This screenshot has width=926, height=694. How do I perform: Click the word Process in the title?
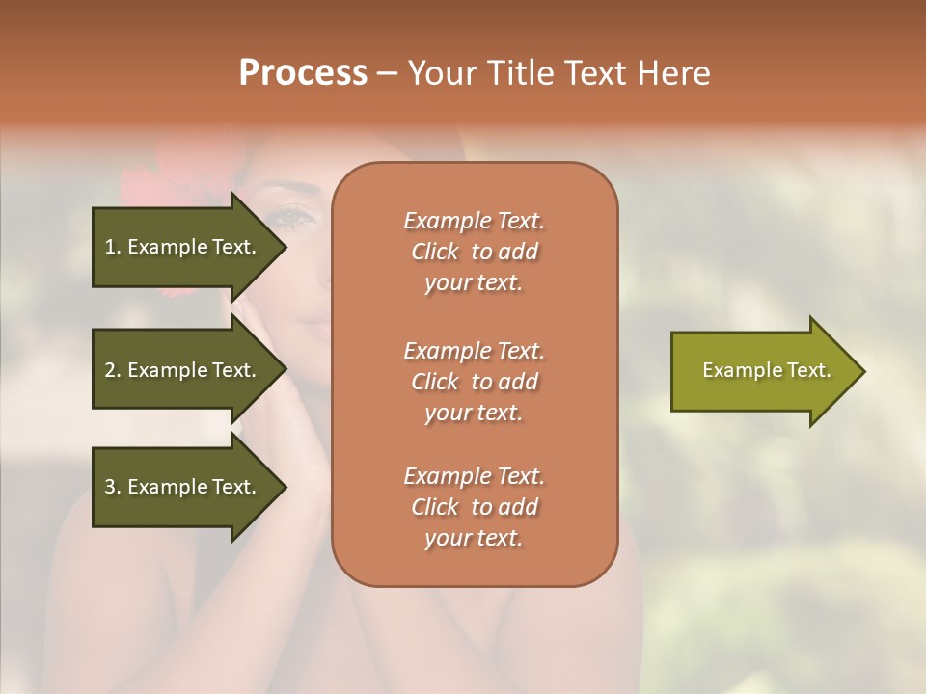pos(303,73)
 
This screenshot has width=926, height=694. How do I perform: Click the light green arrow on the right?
pos(762,370)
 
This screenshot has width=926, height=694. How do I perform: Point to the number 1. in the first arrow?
pos(113,247)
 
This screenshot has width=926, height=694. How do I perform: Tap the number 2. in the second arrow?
pos(113,370)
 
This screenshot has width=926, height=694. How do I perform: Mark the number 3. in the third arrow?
pos(113,487)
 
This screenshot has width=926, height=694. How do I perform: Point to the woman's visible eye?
pos(295,218)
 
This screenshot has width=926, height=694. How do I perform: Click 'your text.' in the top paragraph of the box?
pos(474,283)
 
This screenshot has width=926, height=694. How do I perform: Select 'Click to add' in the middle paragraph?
pos(474,382)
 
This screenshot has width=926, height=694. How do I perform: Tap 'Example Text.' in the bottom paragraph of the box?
pos(474,476)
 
